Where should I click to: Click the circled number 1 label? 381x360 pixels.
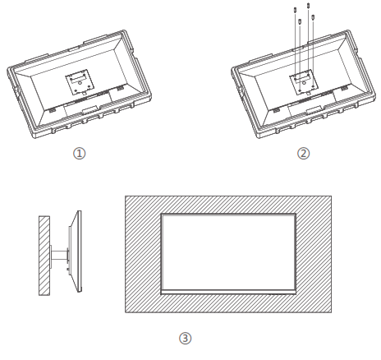[80, 153]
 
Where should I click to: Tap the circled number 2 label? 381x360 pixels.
[304, 153]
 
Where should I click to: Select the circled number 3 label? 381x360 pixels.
[185, 337]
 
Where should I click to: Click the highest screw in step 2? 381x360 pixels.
[307, 6]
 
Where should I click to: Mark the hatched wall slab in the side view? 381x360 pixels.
[44, 256]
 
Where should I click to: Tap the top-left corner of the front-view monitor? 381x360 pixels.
[161, 214]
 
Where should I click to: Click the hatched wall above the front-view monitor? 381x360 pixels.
[228, 204]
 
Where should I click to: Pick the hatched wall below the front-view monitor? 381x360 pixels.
[228, 303]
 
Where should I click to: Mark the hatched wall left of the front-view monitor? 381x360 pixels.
[142, 254]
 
